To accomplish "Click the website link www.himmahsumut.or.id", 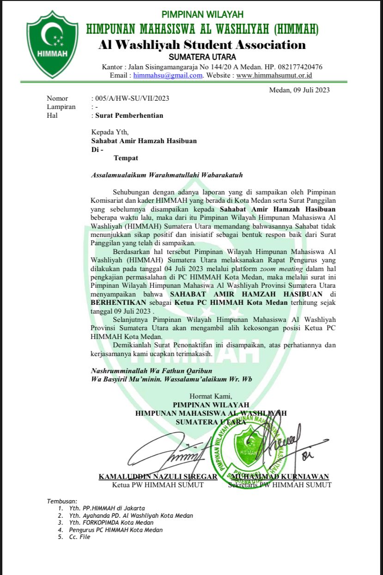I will coord(274,75).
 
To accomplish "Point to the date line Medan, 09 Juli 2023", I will coord(299,90).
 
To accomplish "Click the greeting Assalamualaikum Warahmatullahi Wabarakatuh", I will coord(167,175).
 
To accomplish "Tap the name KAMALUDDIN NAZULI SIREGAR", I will coord(158,477).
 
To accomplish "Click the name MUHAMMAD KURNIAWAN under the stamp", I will coord(280,477).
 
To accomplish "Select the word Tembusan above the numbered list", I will coord(63,501).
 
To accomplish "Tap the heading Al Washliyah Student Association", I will coord(202,45).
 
